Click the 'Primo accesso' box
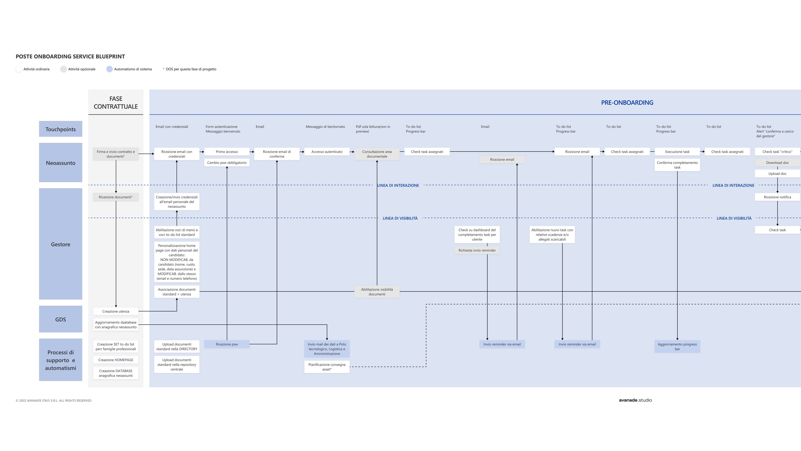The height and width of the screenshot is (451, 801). (x=227, y=152)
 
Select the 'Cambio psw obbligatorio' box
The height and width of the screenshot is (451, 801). (x=227, y=162)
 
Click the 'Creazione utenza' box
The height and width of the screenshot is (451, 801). (x=116, y=311)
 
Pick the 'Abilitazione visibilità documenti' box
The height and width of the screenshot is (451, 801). (x=377, y=292)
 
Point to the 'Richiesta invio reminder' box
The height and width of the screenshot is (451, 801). (x=477, y=250)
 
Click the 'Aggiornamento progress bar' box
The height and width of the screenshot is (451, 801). (x=677, y=346)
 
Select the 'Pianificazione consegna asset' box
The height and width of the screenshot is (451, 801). (x=327, y=367)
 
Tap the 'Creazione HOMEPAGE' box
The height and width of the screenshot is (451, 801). (x=116, y=360)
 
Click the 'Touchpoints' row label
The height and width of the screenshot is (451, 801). (x=61, y=129)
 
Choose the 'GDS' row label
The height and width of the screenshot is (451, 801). (x=61, y=319)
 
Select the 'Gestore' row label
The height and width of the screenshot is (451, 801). (x=61, y=244)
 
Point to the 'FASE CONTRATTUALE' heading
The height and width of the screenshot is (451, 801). (x=116, y=102)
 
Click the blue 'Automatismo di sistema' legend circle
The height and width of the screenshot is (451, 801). (x=110, y=69)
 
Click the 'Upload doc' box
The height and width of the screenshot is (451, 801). (x=777, y=174)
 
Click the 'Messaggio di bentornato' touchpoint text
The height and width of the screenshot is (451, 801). (x=325, y=127)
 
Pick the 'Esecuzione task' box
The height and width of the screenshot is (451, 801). (x=677, y=152)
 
